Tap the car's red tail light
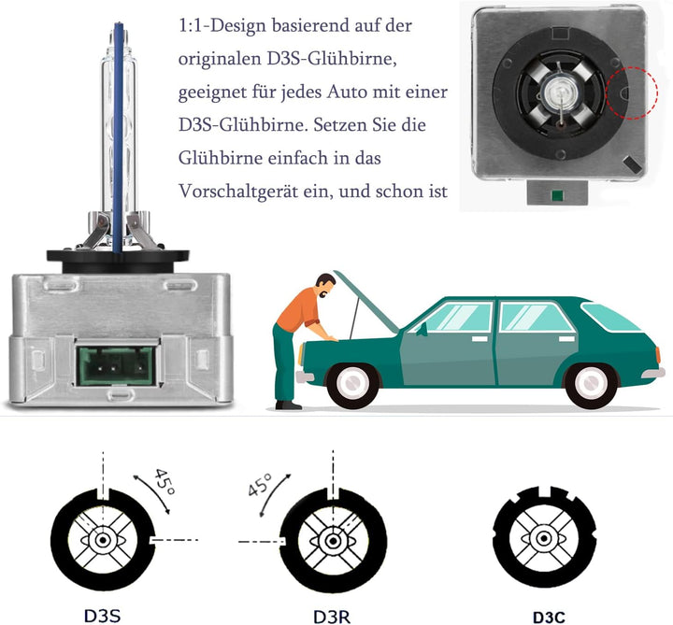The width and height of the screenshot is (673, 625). (659, 356)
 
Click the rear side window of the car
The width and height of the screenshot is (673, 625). (537, 317)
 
